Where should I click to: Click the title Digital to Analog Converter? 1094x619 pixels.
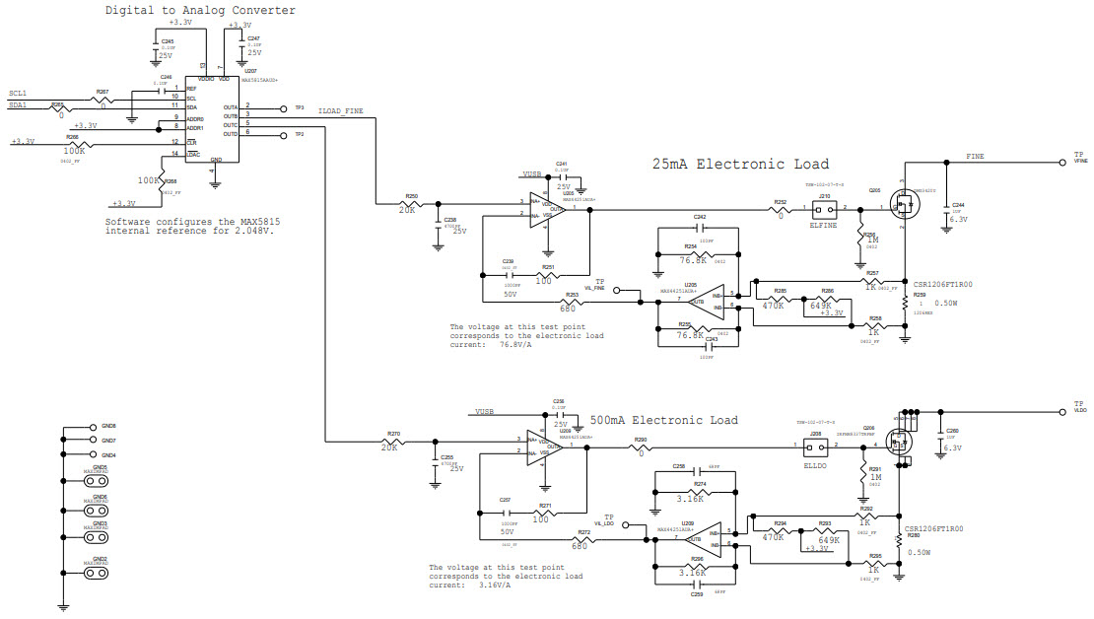point(200,11)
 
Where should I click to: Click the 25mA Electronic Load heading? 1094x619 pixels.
point(740,165)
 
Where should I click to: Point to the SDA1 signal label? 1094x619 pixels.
point(18,104)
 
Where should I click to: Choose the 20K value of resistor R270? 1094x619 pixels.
point(389,447)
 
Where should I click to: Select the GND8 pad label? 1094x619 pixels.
point(108,426)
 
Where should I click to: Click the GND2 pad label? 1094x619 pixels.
point(100,559)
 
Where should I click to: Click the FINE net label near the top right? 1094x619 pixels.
point(974,157)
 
